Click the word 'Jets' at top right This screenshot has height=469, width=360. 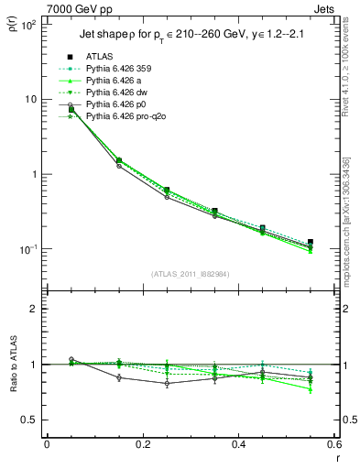click(x=325, y=8)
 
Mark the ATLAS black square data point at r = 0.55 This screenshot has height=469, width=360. click(x=311, y=242)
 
